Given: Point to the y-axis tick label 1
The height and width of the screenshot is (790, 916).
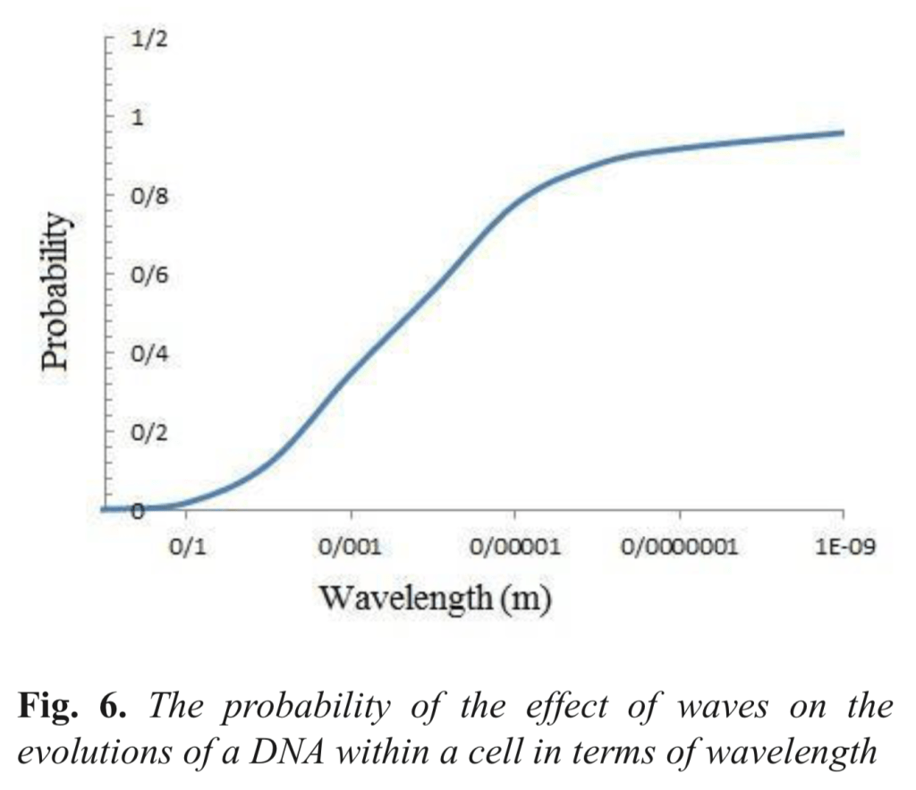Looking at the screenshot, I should click(x=139, y=118).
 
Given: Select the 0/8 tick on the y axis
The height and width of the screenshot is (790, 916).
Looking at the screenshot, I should click(x=148, y=196).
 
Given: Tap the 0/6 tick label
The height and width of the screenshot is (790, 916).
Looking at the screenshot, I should click(x=148, y=275).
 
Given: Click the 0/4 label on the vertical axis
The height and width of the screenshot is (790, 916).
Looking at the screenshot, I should click(x=148, y=353).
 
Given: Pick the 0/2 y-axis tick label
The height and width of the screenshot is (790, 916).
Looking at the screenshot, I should click(x=148, y=432).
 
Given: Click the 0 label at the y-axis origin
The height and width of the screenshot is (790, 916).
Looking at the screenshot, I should click(x=136, y=511).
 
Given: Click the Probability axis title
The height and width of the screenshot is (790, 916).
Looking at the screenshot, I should click(x=55, y=291).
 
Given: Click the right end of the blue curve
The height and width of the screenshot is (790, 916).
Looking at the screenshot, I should click(x=843, y=132).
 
